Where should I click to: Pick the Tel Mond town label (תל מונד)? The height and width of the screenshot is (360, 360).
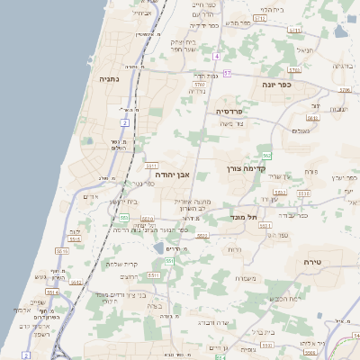[244, 217]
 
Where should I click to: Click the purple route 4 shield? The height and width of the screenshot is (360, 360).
[217, 56]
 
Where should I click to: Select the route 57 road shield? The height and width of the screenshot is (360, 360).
[228, 73]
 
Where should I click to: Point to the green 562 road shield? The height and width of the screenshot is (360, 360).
[266, 155]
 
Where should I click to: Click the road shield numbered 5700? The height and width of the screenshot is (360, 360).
[199, 84]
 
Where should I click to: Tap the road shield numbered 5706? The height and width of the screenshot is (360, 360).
[344, 90]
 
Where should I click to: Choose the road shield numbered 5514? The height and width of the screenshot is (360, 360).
[52, 292]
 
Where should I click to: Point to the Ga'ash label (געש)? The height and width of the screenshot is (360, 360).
[40, 276]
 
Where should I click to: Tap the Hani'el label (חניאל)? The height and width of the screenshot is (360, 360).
[304, 50]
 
